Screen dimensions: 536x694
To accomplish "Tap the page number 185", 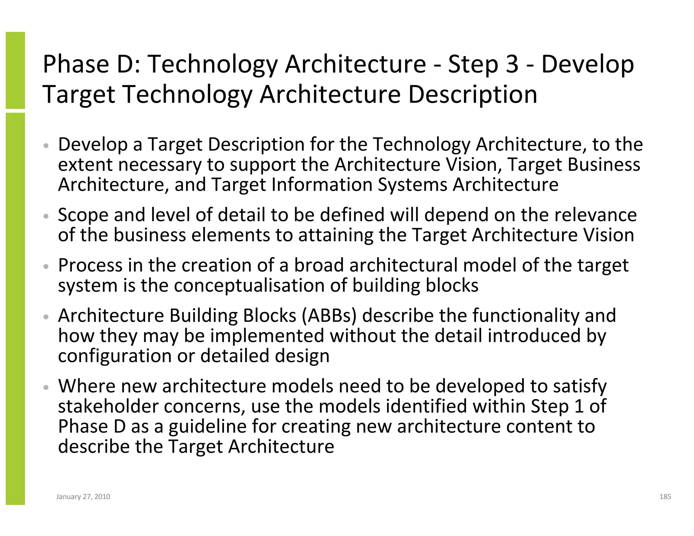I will pos(665,497).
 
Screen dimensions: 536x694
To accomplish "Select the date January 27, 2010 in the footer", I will pos(83,497).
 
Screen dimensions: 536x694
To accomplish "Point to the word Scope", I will pos(83,215).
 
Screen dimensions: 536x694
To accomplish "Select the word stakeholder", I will pos(108,406).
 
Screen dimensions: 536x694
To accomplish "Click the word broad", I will pos(319,265).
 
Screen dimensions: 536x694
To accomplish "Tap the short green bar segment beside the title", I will pos(15,70).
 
